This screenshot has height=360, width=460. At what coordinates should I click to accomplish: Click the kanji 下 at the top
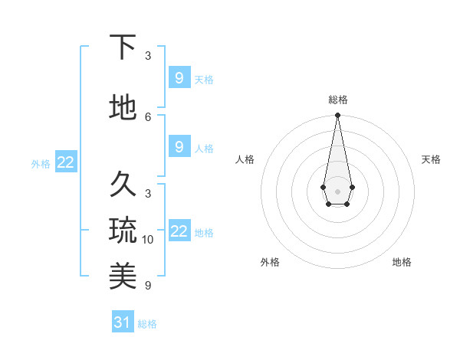tap(123, 47)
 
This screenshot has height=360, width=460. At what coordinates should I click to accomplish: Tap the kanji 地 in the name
tap(123, 107)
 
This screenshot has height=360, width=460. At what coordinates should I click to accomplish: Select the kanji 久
tap(123, 184)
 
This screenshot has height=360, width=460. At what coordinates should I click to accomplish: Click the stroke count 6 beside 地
tap(148, 116)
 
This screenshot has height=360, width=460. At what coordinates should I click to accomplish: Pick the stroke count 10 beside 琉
tap(148, 240)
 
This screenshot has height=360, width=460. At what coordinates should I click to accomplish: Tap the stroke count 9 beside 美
tap(148, 286)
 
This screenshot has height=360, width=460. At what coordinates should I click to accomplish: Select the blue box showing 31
tap(123, 322)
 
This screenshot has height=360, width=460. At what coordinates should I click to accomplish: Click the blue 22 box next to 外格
tap(66, 162)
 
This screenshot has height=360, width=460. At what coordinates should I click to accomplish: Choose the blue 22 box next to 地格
tap(179, 231)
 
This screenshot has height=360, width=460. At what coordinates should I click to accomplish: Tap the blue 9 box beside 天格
tap(179, 77)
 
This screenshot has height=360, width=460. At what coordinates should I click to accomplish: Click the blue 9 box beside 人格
tap(179, 146)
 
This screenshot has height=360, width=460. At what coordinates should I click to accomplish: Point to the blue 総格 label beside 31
tap(147, 324)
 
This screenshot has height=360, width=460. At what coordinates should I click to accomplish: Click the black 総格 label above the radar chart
tap(337, 100)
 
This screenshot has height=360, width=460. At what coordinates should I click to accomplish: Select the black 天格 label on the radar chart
tap(431, 159)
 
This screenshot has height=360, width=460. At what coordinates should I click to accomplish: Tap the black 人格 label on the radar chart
tap(245, 159)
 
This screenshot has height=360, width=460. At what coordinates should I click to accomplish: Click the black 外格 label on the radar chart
tap(270, 262)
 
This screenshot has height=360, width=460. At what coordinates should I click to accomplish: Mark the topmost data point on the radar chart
tap(337, 116)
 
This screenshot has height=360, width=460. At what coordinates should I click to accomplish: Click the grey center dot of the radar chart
tap(337, 191)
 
